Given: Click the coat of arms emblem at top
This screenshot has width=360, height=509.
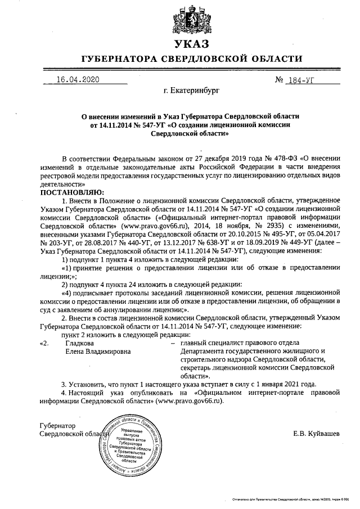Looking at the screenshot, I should [191, 18].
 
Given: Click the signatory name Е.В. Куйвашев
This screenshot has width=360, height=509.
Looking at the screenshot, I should [316, 434].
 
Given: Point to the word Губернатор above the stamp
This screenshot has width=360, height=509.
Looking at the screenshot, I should [57, 426].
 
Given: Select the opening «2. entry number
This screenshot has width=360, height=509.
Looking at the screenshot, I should [44, 343].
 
